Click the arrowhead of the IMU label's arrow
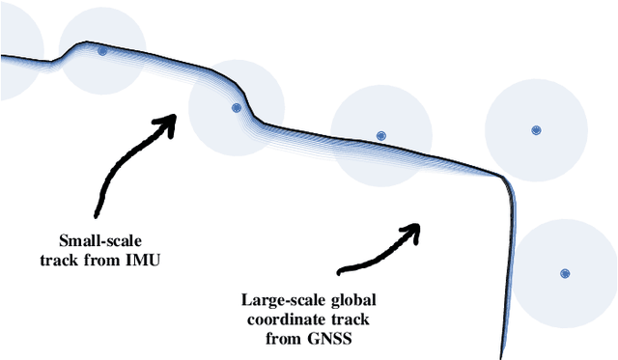pyautogui.click(x=171, y=121)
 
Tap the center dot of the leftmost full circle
pyautogui.click(x=101, y=51)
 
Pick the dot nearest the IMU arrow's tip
pyautogui.click(x=236, y=108)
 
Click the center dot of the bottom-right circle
pyautogui.click(x=565, y=273)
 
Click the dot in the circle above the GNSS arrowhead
pyautogui.click(x=380, y=136)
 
